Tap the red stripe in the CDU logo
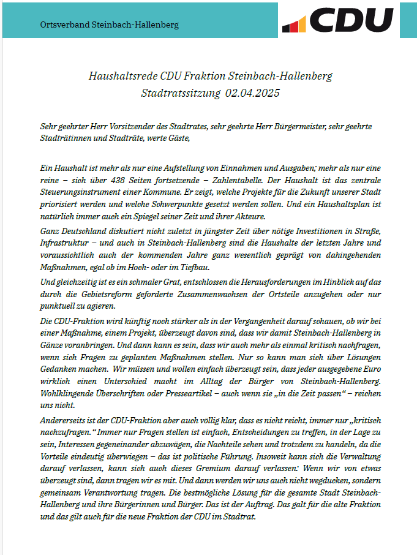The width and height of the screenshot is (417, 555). pos(294,26)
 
